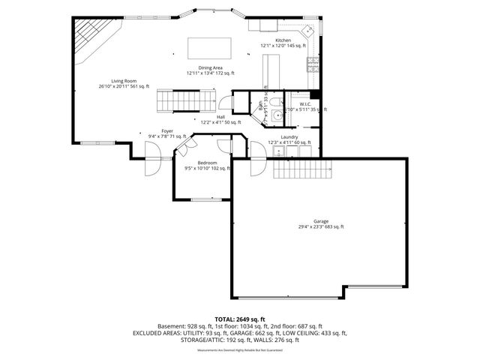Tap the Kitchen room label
[283, 40]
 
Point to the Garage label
[321, 222]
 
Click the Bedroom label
[208, 163]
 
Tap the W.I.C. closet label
[305, 104]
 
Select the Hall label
[220, 117]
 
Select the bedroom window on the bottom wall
[206, 199]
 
